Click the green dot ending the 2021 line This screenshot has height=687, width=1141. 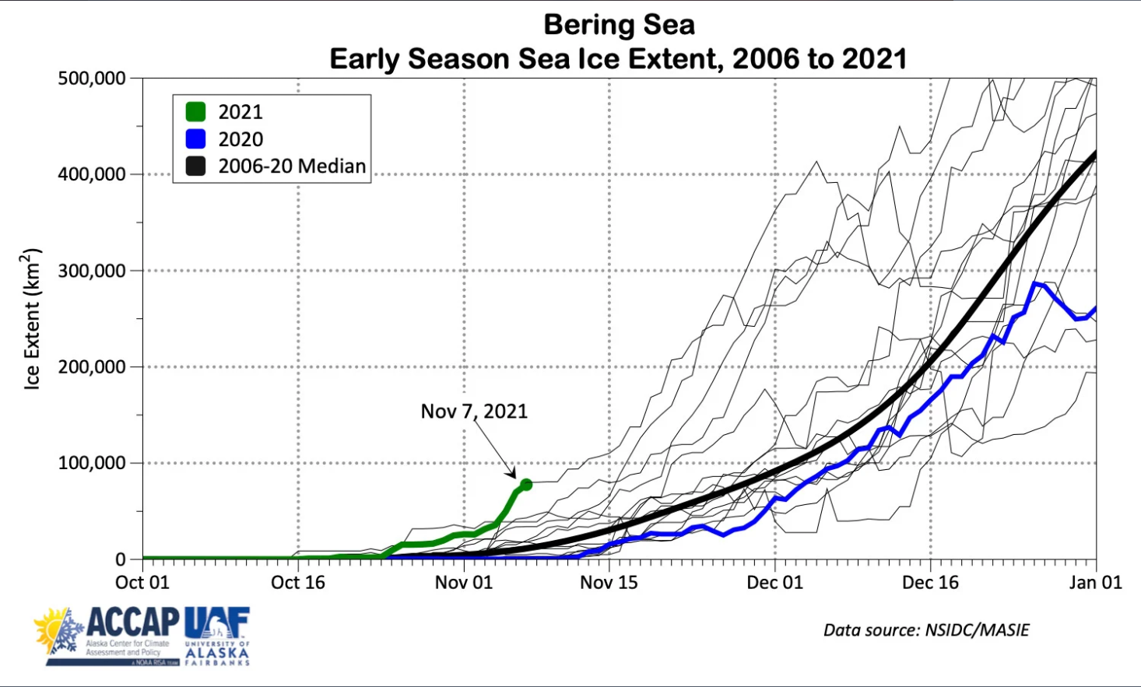tap(525, 485)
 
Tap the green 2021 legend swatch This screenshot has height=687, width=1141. tap(195, 112)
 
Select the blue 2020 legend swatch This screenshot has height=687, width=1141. tap(195, 139)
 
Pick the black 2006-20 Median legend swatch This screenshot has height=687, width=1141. tap(195, 166)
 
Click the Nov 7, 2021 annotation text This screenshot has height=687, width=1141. tap(474, 411)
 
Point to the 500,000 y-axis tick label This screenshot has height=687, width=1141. tap(92, 79)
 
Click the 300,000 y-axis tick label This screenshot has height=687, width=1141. tap(92, 271)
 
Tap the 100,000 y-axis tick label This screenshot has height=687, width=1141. tap(92, 463)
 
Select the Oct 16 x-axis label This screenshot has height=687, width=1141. tap(298, 583)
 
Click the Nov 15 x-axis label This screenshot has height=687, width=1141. tap(609, 583)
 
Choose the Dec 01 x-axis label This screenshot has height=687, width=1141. tap(774, 583)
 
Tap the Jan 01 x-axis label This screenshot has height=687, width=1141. tap(1095, 583)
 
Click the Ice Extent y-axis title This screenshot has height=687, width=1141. tap(32, 319)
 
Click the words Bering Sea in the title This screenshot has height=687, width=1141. tap(619, 25)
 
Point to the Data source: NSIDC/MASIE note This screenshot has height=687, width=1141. tap(926, 630)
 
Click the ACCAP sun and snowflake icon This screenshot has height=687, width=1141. tap(59, 630)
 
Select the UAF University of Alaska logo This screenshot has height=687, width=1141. tap(217, 636)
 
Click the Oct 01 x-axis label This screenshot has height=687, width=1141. tap(142, 583)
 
